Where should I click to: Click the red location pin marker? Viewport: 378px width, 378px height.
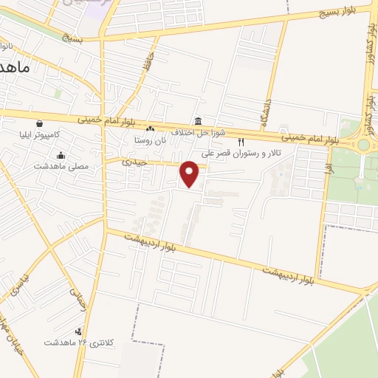[190, 173]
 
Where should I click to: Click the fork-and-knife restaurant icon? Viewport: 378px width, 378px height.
[240, 141]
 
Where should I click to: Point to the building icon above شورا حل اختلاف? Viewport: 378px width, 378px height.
[198, 121]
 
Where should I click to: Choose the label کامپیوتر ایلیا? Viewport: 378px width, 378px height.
[50, 136]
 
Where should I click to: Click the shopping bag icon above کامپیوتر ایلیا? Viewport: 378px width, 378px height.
[38, 124]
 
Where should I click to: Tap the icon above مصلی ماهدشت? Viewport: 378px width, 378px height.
[61, 155]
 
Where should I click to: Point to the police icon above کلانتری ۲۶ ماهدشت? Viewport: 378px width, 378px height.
[79, 331]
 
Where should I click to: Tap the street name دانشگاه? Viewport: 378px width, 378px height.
[265, 111]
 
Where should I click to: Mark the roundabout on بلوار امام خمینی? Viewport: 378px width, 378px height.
[363, 145]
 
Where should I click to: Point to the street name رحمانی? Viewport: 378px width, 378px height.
[78, 300]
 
